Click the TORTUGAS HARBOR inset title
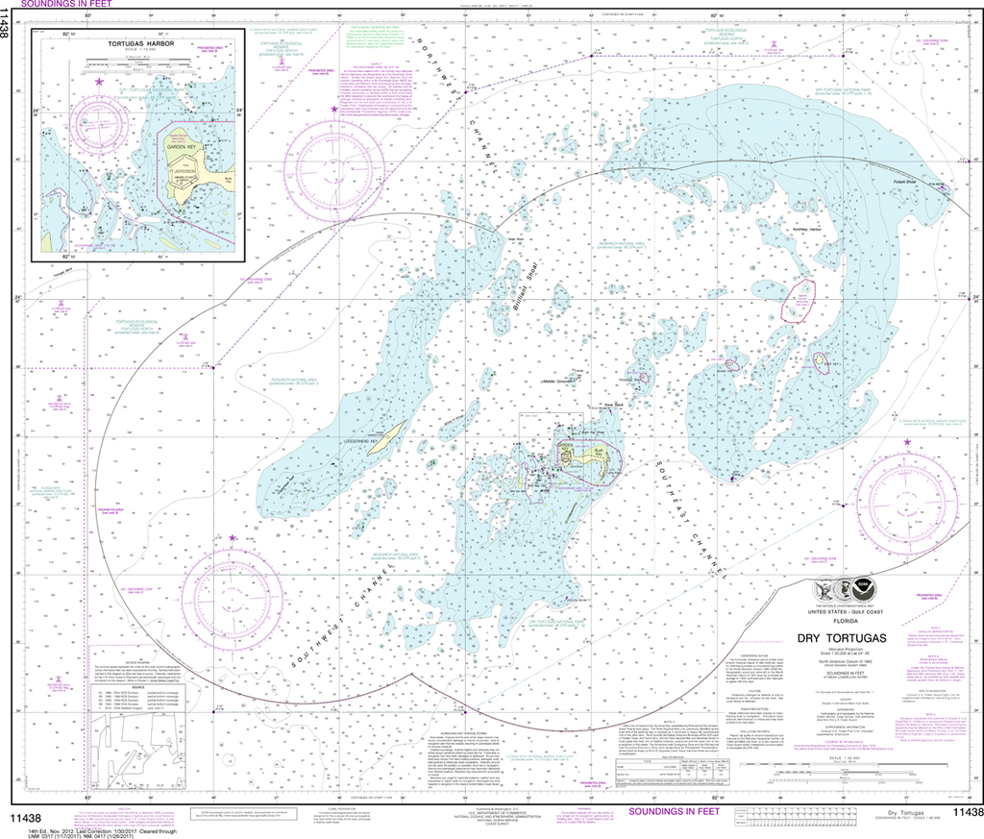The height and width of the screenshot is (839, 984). point(131,46)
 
